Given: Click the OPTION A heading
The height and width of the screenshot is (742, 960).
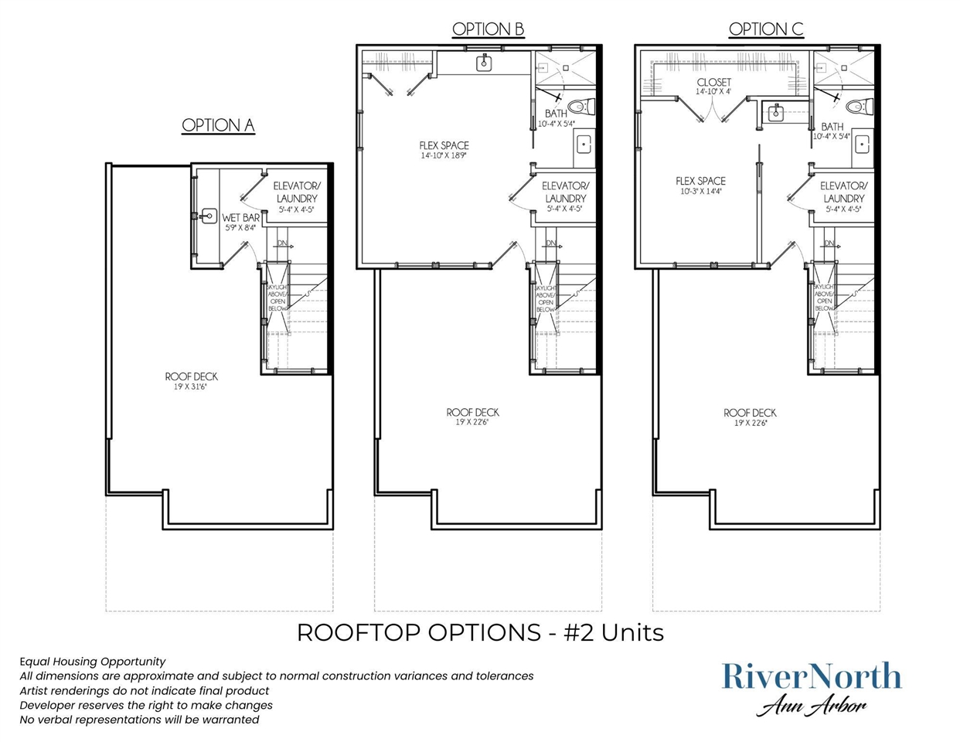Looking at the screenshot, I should [218, 125].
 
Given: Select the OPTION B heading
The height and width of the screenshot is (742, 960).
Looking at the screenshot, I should [488, 29].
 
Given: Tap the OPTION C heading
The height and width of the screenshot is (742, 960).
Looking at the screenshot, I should [766, 29].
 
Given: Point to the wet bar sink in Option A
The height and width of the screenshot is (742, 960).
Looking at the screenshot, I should [208, 216].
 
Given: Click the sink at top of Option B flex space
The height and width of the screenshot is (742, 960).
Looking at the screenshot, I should [485, 63].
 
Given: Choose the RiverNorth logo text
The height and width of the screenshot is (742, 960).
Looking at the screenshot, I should [812, 676].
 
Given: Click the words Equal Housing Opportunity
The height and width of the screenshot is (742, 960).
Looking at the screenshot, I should [93, 662].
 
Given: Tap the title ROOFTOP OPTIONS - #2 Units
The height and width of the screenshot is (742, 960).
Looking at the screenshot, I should [480, 632].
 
